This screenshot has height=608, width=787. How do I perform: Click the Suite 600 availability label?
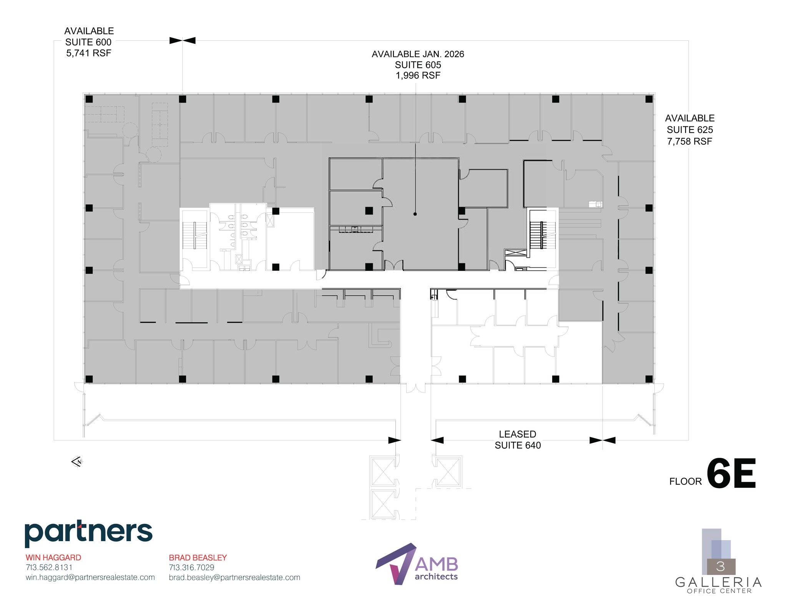click(x=89, y=42)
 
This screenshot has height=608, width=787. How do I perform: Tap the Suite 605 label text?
click(x=418, y=65)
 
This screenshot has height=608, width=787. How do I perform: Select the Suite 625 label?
click(x=689, y=130)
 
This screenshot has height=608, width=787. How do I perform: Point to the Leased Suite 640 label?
click(x=517, y=440)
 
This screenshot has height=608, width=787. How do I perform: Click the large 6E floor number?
click(x=731, y=474)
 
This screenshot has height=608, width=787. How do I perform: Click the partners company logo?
click(x=88, y=533)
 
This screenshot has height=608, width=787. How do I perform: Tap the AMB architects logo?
click(x=417, y=563)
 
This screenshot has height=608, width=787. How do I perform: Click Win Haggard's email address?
click(x=90, y=577)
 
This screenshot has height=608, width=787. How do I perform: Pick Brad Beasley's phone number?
click(x=191, y=567)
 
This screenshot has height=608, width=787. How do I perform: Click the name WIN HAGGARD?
click(x=53, y=557)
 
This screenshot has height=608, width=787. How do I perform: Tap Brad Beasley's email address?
click(x=234, y=577)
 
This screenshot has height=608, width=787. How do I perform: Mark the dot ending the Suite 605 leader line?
click(x=415, y=214)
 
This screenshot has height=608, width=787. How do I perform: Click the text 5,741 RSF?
click(x=89, y=53)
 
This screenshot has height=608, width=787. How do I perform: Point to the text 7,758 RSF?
click(x=689, y=141)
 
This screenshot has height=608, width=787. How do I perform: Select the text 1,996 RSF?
click(x=418, y=75)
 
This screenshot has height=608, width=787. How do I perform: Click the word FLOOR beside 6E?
click(x=685, y=481)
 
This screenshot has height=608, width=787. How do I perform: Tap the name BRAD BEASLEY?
click(x=198, y=557)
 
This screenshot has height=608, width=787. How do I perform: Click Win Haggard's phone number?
click(x=49, y=567)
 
